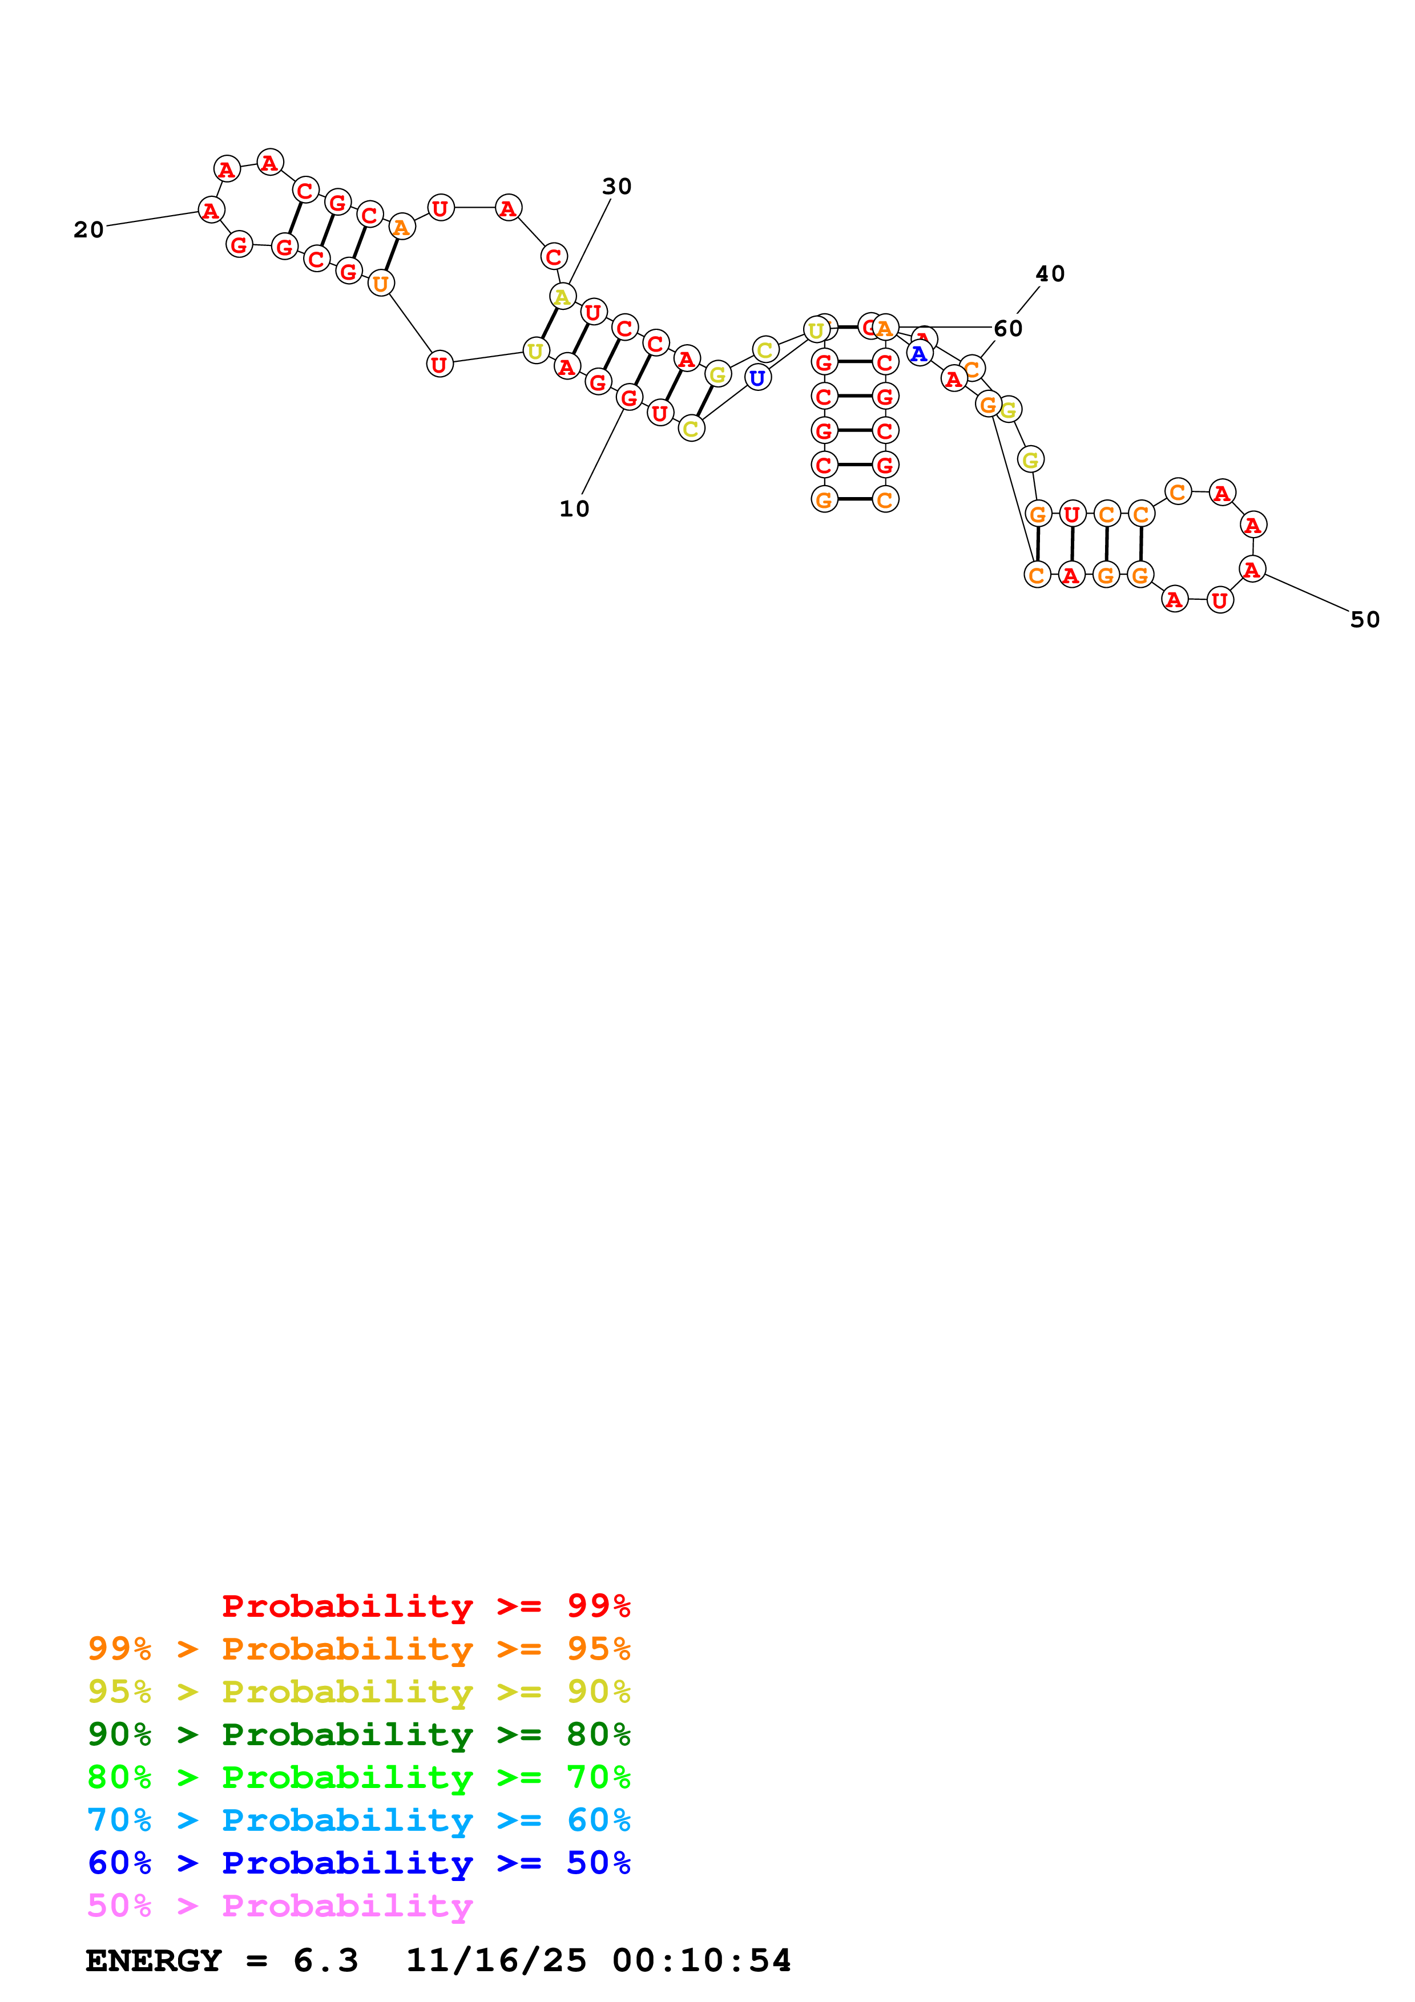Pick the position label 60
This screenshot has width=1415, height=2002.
tap(1008, 329)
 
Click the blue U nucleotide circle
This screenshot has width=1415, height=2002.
tap(757, 378)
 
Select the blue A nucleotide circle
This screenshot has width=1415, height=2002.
tap(918, 353)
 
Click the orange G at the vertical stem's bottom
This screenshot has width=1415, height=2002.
tap(824, 499)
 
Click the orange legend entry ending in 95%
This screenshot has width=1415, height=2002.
tap(358, 1648)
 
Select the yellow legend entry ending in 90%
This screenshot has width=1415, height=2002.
tap(358, 1691)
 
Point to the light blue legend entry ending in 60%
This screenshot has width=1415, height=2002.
tap(358, 1820)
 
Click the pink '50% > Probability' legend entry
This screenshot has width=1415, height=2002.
tap(280, 1905)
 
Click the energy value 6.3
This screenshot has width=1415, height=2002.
tap(325, 1961)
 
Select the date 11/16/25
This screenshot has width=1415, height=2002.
tap(496, 1961)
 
